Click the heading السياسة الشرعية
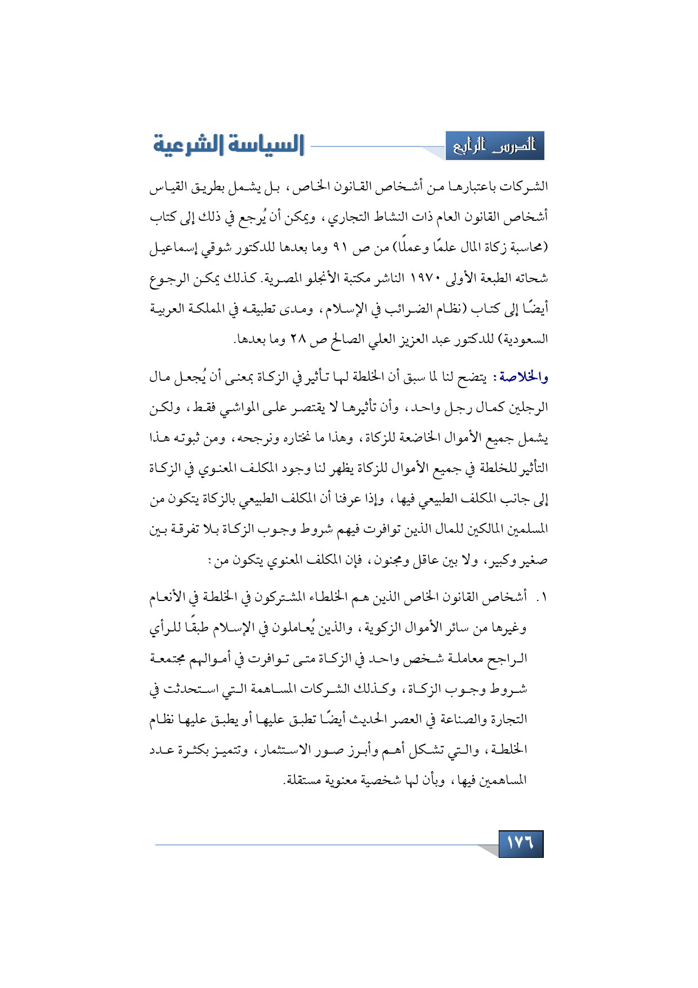[x=229, y=145]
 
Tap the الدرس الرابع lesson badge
[x=495, y=146]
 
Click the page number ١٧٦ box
[x=521, y=844]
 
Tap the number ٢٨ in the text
[x=297, y=340]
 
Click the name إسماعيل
[x=170, y=248]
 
